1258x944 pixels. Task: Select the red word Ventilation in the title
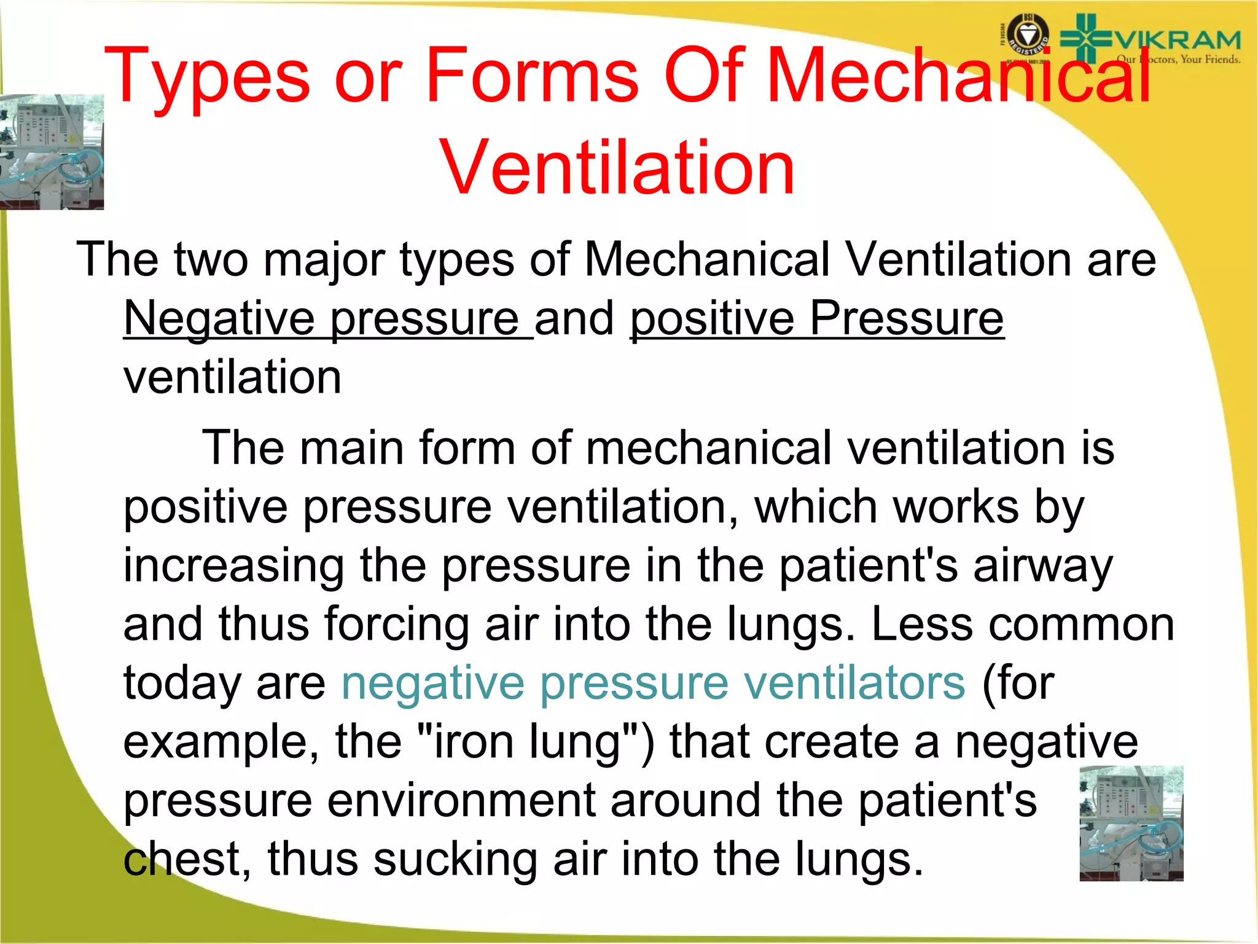[x=617, y=168]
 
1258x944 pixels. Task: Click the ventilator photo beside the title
[x=52, y=152]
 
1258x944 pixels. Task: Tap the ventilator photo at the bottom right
[x=1131, y=823]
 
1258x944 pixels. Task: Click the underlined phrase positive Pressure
[x=817, y=318]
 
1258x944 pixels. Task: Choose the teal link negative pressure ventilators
[x=653, y=683]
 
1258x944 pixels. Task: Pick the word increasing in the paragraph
[x=233, y=565]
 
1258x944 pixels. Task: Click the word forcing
[x=396, y=624]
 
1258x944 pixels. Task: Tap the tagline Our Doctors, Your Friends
[x=1178, y=60]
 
